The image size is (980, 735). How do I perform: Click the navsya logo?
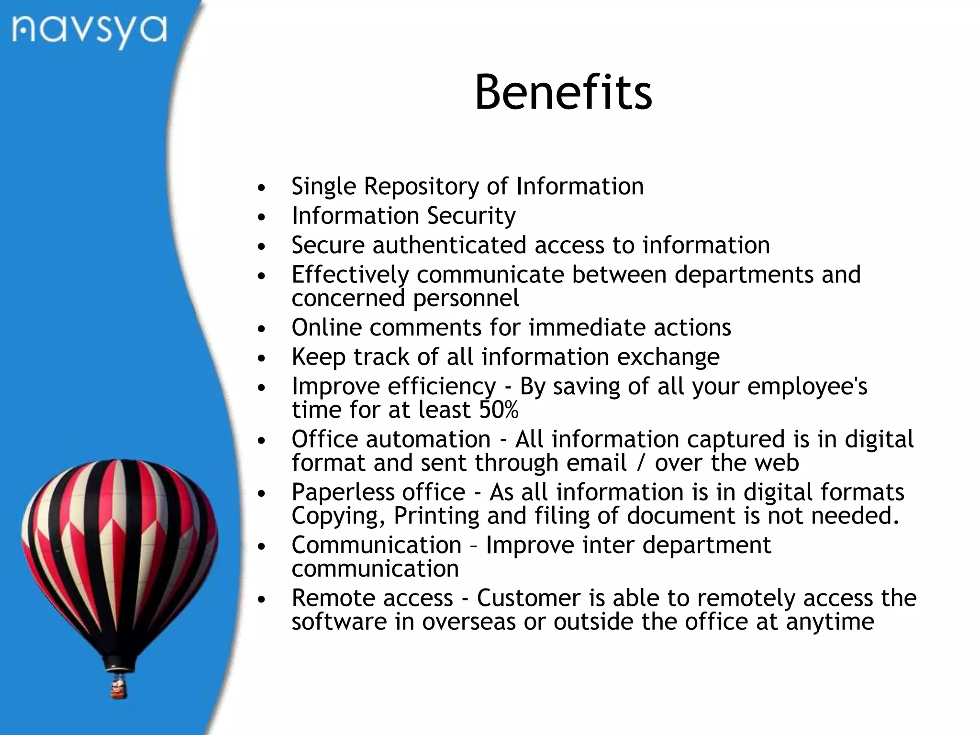[89, 31]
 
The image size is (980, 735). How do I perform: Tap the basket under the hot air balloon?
[119, 688]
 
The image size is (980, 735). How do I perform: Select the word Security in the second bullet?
[471, 216]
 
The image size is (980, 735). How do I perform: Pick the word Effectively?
[350, 275]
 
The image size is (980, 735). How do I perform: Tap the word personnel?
[466, 299]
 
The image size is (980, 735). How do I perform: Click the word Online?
[326, 328]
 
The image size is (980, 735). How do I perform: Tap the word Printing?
[436, 516]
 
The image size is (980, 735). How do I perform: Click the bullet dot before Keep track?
[261, 358]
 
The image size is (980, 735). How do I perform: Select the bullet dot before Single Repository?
[261, 188]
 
